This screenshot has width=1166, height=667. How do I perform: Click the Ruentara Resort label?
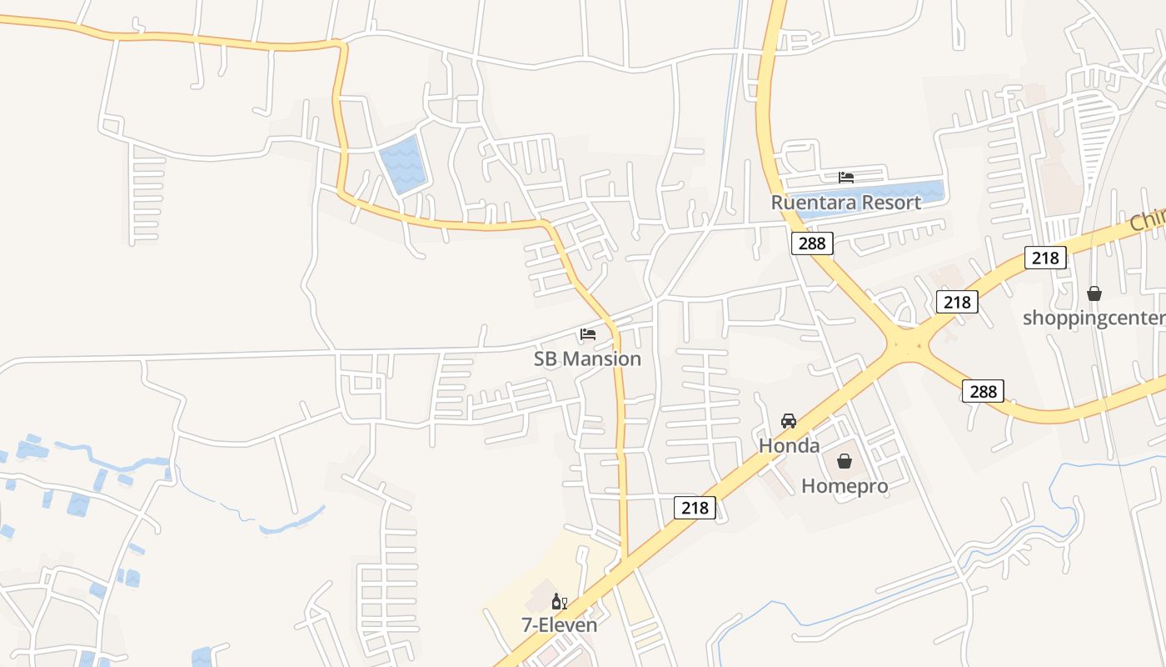tap(845, 203)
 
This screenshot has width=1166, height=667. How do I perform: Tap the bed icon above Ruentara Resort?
tap(846, 177)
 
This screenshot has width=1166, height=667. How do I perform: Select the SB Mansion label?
tap(587, 359)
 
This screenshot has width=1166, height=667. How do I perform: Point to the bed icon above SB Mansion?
tap(588, 334)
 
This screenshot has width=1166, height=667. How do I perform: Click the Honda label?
tap(789, 445)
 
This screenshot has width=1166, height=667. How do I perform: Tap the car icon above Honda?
tap(789, 421)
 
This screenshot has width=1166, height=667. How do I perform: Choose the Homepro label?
tap(845, 485)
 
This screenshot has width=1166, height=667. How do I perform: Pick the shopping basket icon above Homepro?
tap(845, 461)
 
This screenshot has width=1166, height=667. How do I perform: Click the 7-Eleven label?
tap(559, 624)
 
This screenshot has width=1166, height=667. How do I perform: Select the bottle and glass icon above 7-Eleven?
tap(559, 601)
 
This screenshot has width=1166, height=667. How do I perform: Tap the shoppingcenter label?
tap(1094, 318)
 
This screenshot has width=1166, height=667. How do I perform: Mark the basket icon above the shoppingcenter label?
tap(1094, 293)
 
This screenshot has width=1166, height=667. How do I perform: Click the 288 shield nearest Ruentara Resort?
tap(812, 243)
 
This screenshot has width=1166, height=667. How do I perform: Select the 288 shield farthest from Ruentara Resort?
tap(983, 390)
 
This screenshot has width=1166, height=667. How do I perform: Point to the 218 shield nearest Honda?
tap(695, 507)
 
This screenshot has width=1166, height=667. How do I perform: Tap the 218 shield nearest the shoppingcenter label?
tap(1045, 258)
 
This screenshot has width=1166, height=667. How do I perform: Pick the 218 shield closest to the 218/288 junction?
tap(957, 302)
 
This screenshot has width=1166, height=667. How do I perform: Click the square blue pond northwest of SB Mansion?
tap(402, 164)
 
